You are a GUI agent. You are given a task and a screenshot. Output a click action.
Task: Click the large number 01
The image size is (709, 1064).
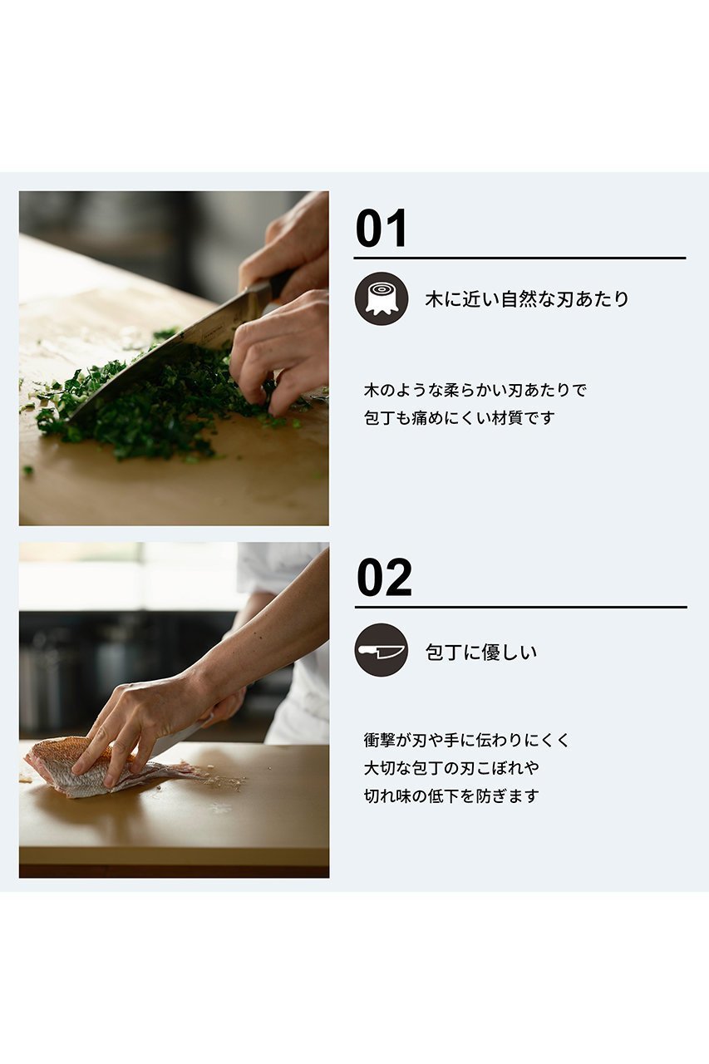point(381,229)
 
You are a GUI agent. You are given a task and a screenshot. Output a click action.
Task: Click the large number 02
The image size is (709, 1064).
point(384,578)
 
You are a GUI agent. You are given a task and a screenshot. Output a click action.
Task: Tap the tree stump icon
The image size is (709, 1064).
point(382,298)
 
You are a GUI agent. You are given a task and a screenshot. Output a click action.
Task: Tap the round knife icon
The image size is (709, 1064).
point(382,650)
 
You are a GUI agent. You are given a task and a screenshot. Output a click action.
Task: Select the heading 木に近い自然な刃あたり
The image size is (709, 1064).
point(527,299)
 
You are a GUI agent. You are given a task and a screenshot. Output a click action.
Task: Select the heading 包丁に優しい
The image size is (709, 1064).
point(481,652)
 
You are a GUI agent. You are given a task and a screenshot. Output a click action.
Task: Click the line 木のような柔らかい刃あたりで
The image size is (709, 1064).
point(475,391)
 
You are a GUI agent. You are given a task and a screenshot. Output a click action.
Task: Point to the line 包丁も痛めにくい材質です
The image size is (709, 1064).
point(459,418)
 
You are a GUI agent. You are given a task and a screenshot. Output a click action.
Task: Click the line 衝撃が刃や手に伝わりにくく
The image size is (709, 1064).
point(466,740)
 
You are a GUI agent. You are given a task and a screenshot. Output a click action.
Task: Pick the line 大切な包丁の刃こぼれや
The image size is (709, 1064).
point(451,768)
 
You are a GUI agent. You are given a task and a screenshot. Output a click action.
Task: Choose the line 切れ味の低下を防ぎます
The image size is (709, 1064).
point(451,796)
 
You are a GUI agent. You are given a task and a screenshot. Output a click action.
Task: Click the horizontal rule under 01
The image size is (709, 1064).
point(520,258)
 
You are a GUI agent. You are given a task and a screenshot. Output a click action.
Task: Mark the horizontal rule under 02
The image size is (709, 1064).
point(521,607)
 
